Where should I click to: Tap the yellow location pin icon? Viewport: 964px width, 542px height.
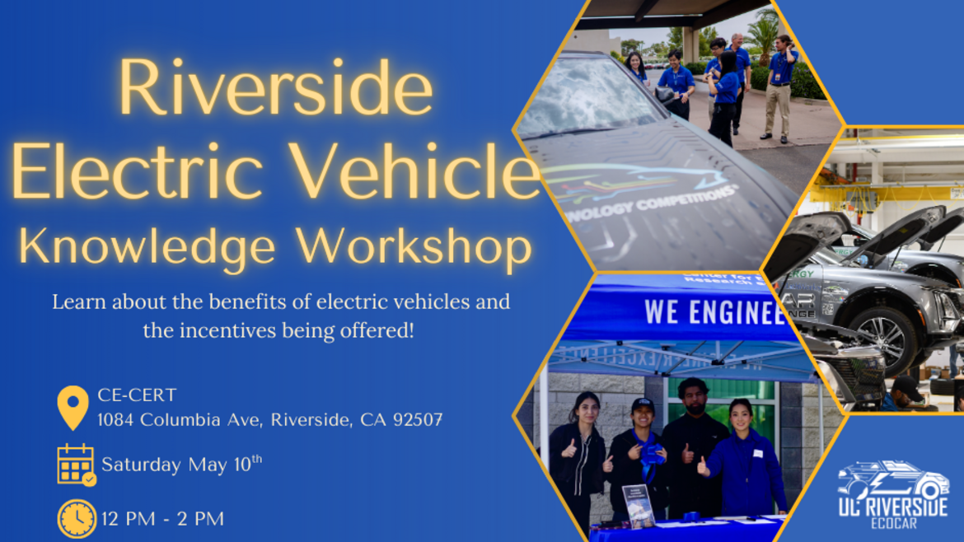coord(73,407)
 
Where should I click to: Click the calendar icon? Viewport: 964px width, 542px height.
coord(76,465)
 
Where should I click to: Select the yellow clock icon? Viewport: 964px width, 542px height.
coord(77,518)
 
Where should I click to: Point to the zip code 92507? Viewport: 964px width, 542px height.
coord(418,420)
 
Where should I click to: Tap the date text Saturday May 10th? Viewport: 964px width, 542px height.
coord(181,464)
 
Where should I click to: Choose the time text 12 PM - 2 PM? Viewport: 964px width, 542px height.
coord(162,519)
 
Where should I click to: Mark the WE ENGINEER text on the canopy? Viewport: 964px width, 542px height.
coord(714,312)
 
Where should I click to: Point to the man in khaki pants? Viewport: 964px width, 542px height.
coord(779,86)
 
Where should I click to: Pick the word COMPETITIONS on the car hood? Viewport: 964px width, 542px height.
coord(692,198)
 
